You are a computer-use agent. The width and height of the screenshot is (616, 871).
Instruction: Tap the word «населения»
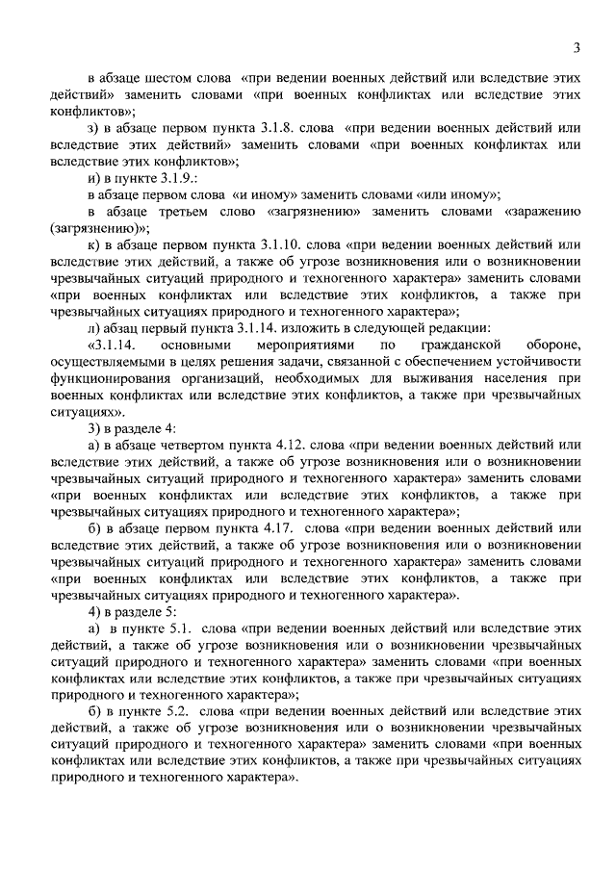pos(539,378)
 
